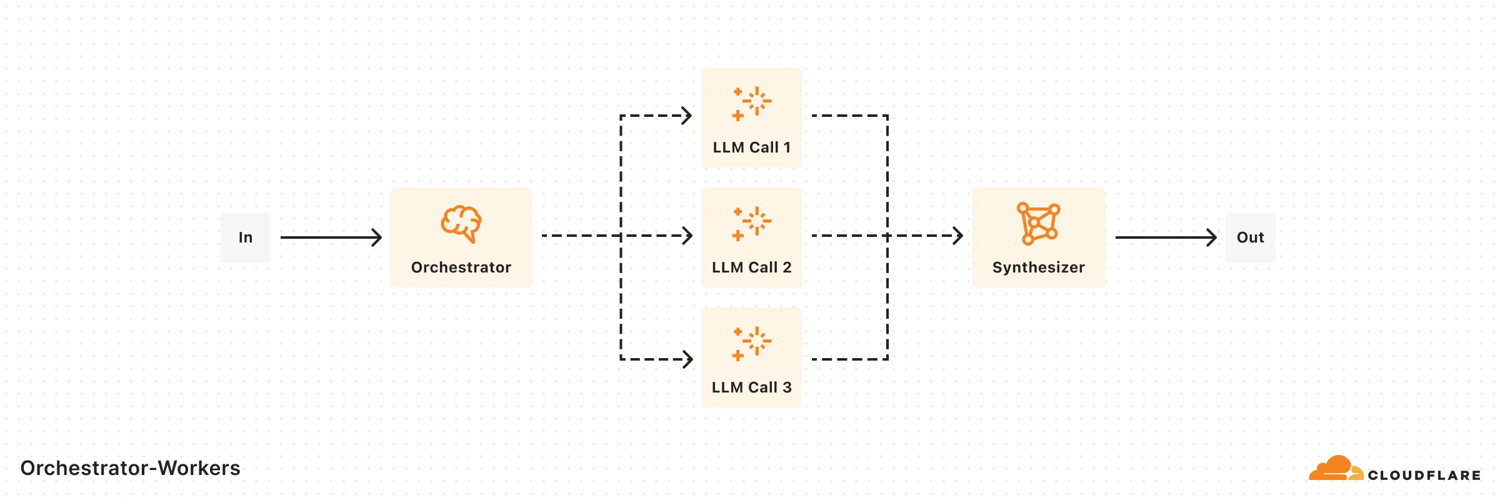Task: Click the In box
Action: [x=245, y=237]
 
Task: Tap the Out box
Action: [x=1250, y=237]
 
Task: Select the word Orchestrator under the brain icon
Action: [x=461, y=267]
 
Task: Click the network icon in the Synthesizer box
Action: [x=1038, y=223]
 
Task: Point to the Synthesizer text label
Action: [x=1038, y=267]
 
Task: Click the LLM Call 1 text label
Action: [x=752, y=147]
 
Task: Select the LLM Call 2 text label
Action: [x=752, y=267]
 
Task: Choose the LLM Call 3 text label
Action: [x=752, y=387]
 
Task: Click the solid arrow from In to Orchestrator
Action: [x=331, y=237]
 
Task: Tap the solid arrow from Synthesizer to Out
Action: [x=1166, y=237]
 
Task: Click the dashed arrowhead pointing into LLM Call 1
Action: [x=687, y=116]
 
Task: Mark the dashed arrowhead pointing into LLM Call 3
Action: [x=687, y=359]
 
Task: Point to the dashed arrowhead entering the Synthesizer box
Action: [x=957, y=236]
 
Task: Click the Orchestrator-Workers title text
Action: [x=130, y=468]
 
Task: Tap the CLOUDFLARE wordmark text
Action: [x=1424, y=476]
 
